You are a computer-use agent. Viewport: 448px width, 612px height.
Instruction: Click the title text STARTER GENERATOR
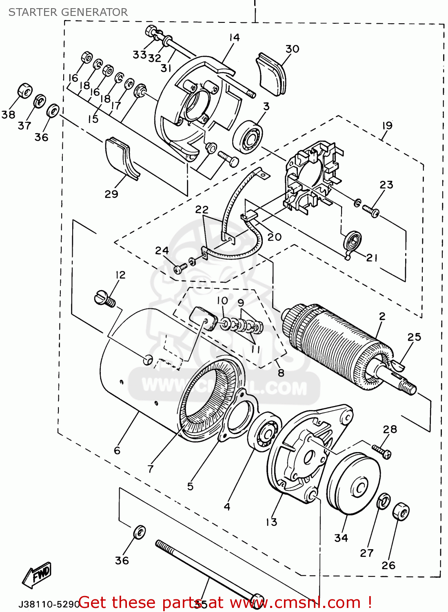(x=68, y=12)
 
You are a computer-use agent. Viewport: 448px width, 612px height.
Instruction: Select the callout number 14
(x=234, y=38)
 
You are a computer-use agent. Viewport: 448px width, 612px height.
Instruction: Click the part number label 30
(x=292, y=49)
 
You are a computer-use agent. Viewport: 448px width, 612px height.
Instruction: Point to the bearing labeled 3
(x=248, y=137)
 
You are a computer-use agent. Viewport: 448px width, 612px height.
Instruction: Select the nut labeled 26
(x=401, y=511)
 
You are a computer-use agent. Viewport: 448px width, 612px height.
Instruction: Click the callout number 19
(x=387, y=125)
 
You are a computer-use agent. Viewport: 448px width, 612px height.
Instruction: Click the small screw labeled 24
(x=180, y=268)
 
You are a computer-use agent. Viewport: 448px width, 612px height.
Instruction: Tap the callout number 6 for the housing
(x=117, y=450)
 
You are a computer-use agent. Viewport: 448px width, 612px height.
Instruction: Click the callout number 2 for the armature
(x=382, y=316)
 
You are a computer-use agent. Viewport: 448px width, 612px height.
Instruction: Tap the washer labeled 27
(x=383, y=501)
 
